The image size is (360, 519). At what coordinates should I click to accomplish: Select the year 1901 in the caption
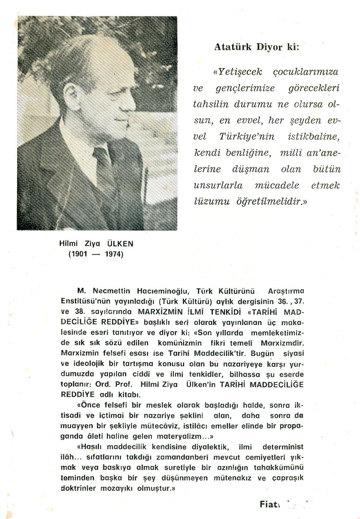tap(79, 254)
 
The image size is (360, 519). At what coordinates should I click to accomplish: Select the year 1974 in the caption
tap(114, 254)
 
